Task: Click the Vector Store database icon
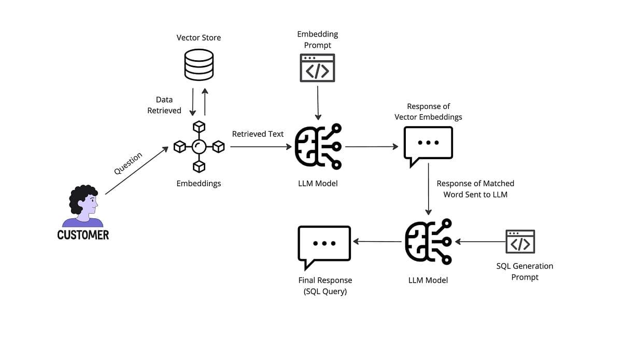199,64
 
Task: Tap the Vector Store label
199,37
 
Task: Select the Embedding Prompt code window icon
317,68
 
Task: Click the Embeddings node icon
199,147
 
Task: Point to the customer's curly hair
83,196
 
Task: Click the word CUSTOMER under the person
83,235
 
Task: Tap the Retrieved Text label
258,134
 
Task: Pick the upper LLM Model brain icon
318,147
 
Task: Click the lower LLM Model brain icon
428,242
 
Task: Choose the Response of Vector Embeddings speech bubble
428,145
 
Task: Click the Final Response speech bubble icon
324,245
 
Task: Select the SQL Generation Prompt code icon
520,242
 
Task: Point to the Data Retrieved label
164,105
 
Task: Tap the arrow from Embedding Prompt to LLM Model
318,103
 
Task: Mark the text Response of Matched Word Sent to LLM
475,189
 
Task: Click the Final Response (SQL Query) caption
325,286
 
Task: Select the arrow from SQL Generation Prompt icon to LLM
479,242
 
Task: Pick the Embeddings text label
199,183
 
